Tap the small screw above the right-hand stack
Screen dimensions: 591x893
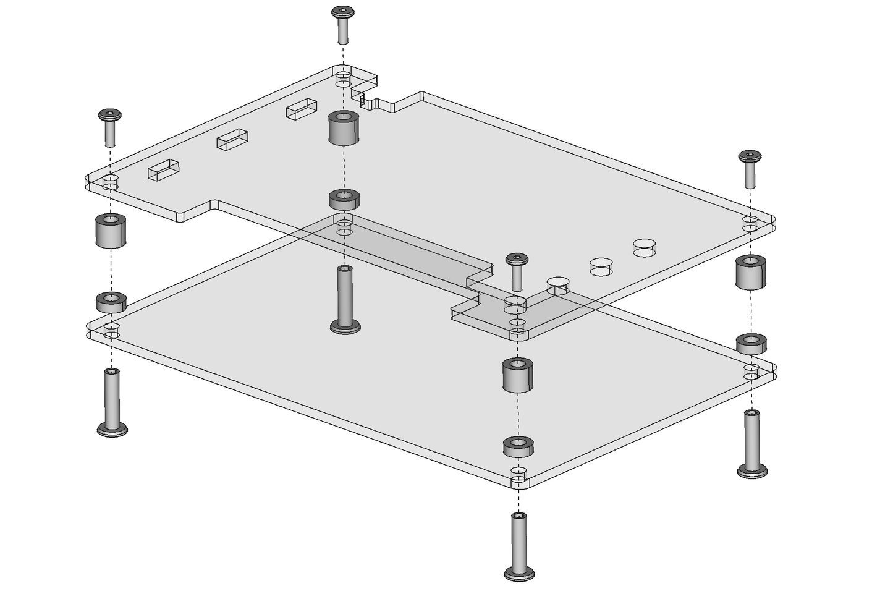(x=750, y=166)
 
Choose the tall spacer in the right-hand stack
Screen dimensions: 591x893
(x=751, y=272)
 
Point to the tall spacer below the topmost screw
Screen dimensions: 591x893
(x=344, y=128)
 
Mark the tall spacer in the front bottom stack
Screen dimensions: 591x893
(x=517, y=375)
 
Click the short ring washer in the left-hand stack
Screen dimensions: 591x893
(x=111, y=302)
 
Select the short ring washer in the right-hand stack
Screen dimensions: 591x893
(x=751, y=344)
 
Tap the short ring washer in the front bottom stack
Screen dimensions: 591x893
(x=518, y=446)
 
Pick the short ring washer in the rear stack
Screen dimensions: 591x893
(x=344, y=199)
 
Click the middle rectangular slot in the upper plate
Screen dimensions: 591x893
(x=232, y=140)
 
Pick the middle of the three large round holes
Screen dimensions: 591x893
(x=600, y=266)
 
